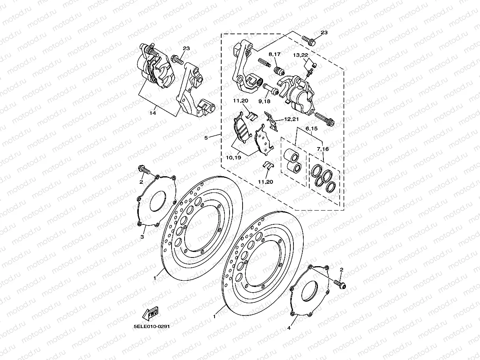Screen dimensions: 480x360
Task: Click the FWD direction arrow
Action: tap(150, 313)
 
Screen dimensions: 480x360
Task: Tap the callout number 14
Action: tap(153, 113)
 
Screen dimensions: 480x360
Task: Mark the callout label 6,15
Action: tap(311, 129)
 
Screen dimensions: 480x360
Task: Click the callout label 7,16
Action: tap(323, 149)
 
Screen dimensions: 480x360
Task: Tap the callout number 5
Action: tap(206, 138)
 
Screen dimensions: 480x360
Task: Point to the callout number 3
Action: tap(142, 237)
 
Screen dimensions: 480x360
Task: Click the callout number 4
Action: tap(289, 328)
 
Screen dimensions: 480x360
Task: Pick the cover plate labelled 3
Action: tap(156, 201)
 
